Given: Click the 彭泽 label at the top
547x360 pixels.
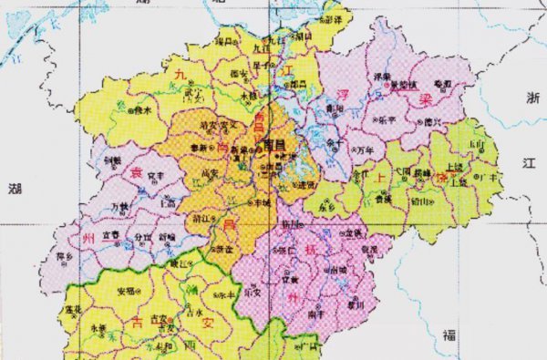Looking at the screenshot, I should click(x=333, y=19).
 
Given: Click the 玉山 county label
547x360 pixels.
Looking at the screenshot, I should click(x=476, y=145).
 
